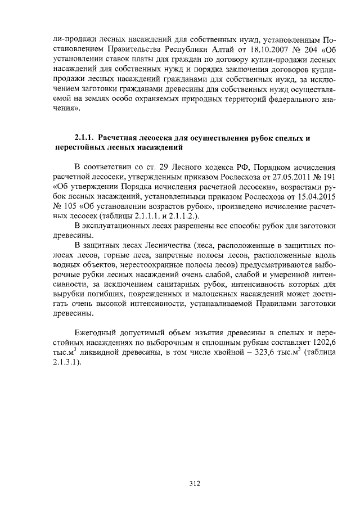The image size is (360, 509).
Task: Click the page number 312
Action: click(x=195, y=483)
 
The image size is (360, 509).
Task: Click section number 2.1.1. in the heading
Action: click(x=84, y=138)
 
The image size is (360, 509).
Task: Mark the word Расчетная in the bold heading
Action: click(x=120, y=138)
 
